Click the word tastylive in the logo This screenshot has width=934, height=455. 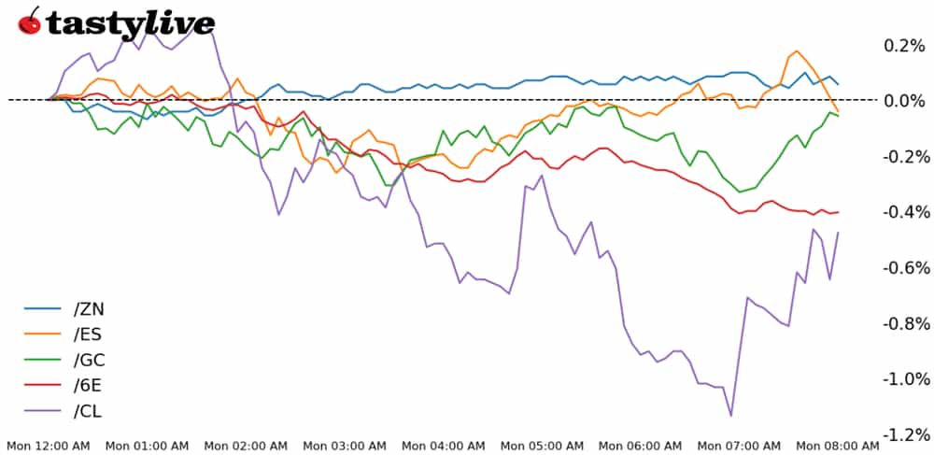pyautogui.click(x=130, y=23)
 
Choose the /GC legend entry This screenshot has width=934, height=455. pyautogui.click(x=88, y=359)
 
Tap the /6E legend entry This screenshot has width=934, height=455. pyautogui.click(x=88, y=385)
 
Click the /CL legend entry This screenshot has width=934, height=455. pyautogui.click(x=88, y=411)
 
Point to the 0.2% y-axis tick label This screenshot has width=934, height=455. pyautogui.click(x=904, y=45)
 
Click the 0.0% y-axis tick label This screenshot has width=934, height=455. pyautogui.click(x=904, y=100)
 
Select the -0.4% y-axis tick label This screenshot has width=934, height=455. pyautogui.click(x=901, y=212)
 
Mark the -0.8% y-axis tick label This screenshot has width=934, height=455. pyautogui.click(x=901, y=323)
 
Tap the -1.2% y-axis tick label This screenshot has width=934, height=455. pyautogui.click(x=901, y=434)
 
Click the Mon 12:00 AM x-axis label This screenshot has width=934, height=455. pyautogui.click(x=48, y=446)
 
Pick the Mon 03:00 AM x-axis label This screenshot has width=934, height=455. pyautogui.click(x=345, y=446)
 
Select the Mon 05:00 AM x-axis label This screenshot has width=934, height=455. pyautogui.click(x=543, y=446)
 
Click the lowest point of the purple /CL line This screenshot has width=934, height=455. pyautogui.click(x=730, y=416)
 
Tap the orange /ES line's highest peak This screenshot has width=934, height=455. pyautogui.click(x=797, y=51)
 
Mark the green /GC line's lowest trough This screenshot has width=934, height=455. pyautogui.click(x=741, y=192)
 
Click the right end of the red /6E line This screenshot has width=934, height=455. pyautogui.click(x=838, y=212)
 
